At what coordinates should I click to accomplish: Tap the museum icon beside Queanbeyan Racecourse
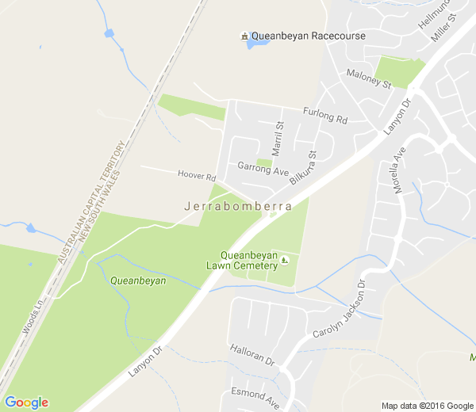coord(245,36)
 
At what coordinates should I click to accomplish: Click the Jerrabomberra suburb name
coord(237,206)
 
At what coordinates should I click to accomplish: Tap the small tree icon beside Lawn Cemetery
coord(285,261)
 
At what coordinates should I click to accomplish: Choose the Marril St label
coord(278,137)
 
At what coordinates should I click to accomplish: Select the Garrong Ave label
coord(263,168)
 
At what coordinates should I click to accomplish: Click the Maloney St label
coord(370,78)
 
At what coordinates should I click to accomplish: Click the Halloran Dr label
coord(251,355)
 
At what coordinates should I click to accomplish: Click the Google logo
coord(26,402)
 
